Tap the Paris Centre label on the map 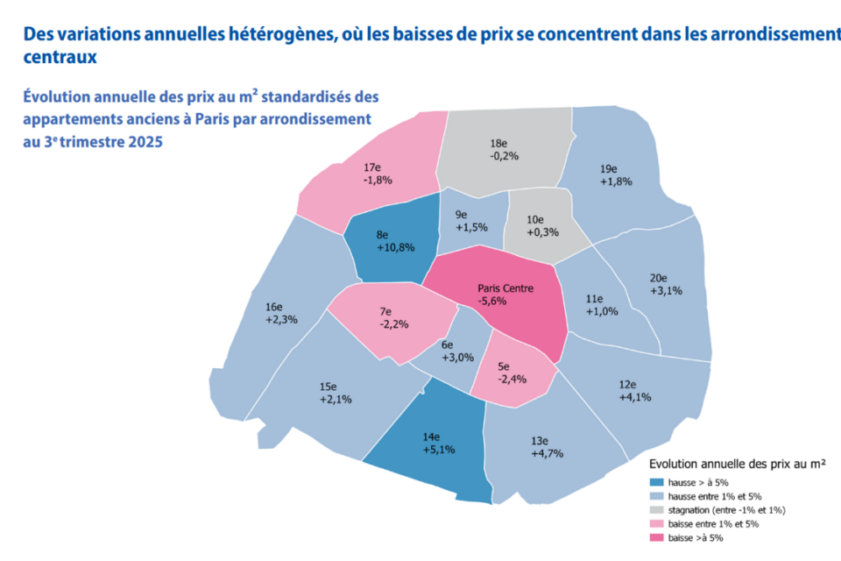505,295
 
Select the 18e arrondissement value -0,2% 505,149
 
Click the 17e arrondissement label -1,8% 377,174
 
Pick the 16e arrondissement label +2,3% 281,314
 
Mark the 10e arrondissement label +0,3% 542,226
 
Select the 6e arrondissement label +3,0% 457,352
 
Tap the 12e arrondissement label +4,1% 634,390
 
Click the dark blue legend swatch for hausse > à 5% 657,482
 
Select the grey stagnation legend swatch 657,510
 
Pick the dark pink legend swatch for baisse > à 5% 657,537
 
